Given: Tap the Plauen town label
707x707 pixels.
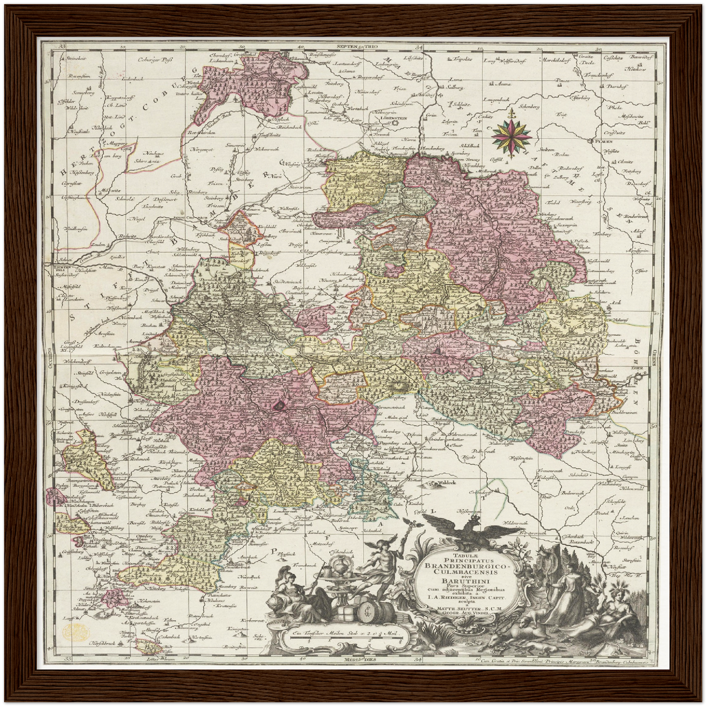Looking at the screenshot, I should coord(604,141).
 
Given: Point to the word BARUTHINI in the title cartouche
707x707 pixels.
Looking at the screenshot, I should coord(459,581).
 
